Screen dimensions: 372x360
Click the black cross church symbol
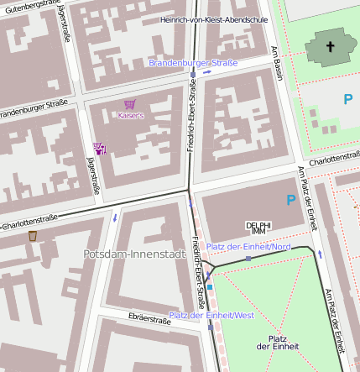(x=330, y=47)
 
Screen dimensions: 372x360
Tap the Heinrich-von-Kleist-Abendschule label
(x=215, y=18)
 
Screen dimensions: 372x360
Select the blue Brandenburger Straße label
(x=193, y=63)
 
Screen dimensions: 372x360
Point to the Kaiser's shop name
(x=131, y=115)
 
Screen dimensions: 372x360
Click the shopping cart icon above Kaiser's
(x=129, y=103)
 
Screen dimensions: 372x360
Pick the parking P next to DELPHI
(x=290, y=200)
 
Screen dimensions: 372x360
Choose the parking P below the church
(x=347, y=99)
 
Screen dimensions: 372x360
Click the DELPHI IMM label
(x=258, y=228)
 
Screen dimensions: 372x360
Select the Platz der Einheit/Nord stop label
(x=248, y=247)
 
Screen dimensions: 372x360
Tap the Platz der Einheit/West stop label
(x=211, y=315)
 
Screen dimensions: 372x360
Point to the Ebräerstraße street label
(x=150, y=319)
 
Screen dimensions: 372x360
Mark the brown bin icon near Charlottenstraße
(x=33, y=236)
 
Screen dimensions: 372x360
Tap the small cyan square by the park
(x=211, y=287)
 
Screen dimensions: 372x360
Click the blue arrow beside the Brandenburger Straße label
(x=207, y=72)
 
